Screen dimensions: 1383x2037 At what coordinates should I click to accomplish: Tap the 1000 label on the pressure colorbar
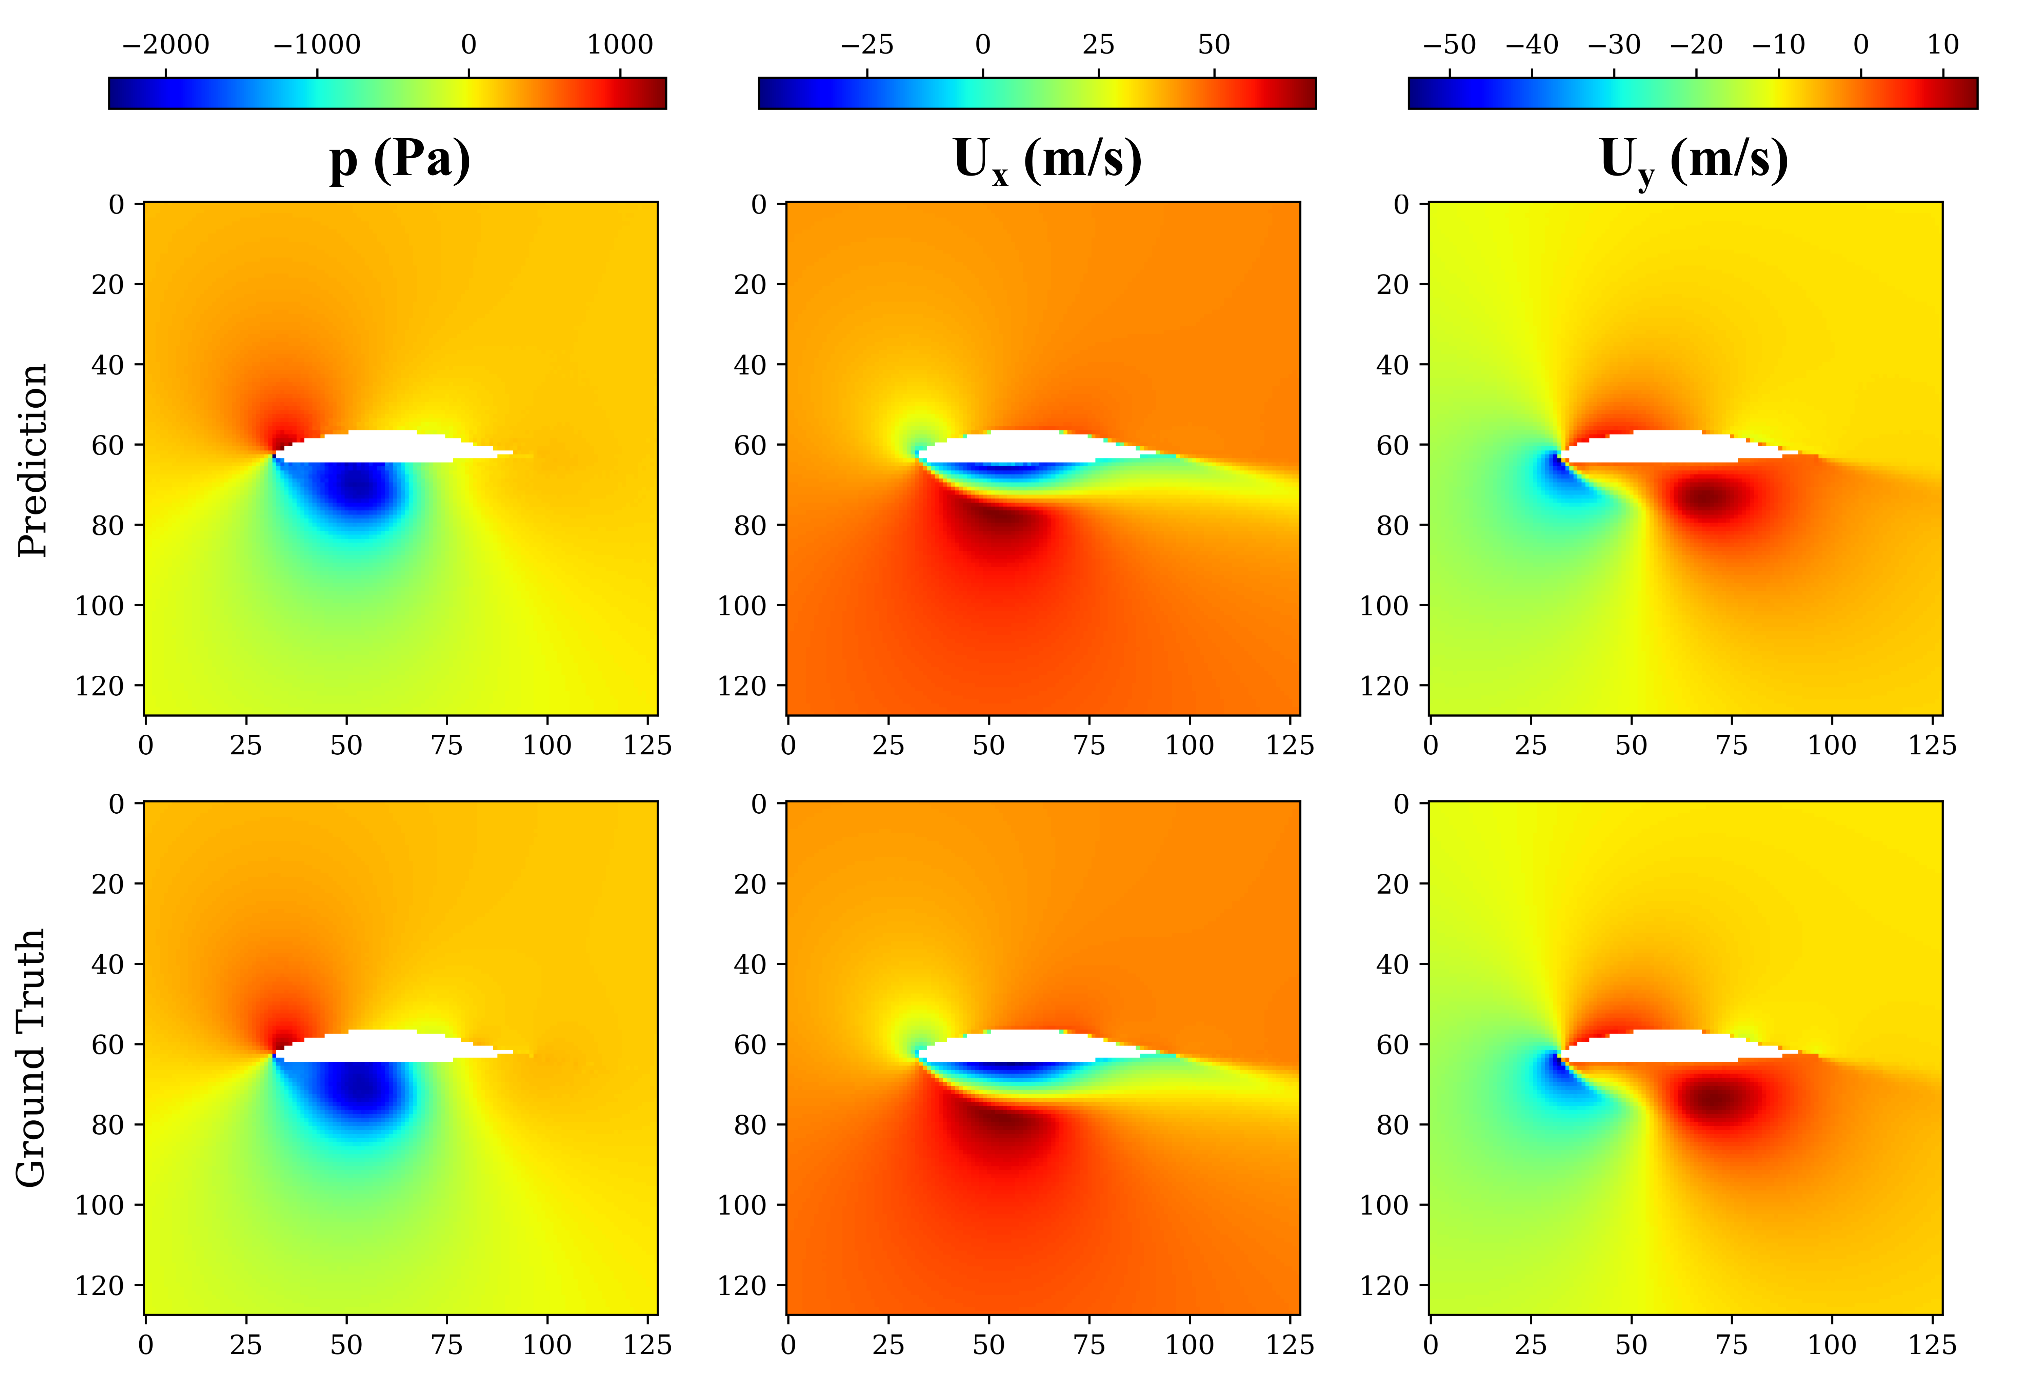point(620,45)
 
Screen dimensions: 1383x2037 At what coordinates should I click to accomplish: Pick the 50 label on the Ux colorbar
point(1214,45)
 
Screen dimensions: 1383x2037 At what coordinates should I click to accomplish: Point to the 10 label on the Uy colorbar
point(1942,45)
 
